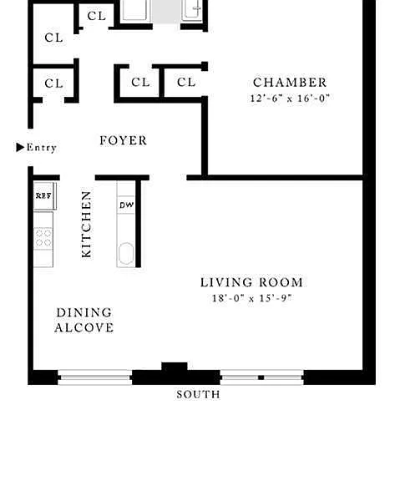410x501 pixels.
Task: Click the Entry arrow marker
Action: coord(20,147)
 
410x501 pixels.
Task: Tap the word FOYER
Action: coord(124,140)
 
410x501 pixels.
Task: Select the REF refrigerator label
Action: coord(43,195)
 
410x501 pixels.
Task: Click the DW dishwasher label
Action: coord(127,205)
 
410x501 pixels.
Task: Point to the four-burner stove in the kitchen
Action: coord(43,238)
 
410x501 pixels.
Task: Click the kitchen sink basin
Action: coord(126,254)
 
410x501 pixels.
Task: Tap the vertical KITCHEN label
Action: coord(86,225)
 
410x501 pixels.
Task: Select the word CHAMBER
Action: coord(290,83)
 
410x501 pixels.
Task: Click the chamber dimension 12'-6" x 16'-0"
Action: coord(290,98)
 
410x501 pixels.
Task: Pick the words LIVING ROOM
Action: coord(251,282)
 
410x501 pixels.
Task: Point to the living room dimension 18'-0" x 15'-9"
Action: coord(252,298)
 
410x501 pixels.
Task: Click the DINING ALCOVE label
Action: coord(84,320)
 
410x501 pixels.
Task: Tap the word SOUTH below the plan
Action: coord(198,395)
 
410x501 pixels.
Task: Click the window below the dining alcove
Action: coord(95,377)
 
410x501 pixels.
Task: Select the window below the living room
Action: coord(261,377)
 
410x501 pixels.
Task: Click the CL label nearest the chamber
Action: coord(186,83)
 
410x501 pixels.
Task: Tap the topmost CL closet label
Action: coord(97,16)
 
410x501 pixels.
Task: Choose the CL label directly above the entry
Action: coord(53,83)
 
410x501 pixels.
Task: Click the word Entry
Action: coord(42,147)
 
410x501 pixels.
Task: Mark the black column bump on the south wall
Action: coord(175,367)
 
